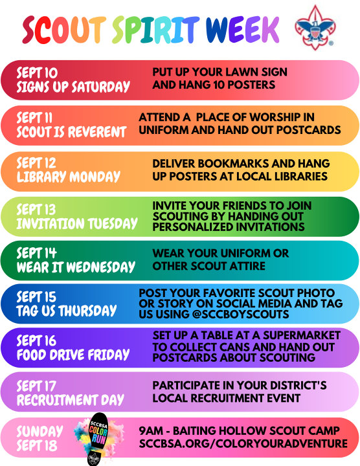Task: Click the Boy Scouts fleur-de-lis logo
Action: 315,27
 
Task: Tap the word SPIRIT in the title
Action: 156,30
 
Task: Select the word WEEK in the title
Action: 242,30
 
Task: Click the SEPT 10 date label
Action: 37,72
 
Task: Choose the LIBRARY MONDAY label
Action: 69,177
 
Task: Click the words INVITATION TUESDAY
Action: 77,223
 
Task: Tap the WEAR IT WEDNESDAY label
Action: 76,267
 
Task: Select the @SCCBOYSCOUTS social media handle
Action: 240,314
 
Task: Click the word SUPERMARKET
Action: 302,335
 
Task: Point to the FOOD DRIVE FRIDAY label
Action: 73,355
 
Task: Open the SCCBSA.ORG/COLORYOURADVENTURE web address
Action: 243,443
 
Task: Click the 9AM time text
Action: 151,430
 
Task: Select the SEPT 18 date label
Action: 36,445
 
